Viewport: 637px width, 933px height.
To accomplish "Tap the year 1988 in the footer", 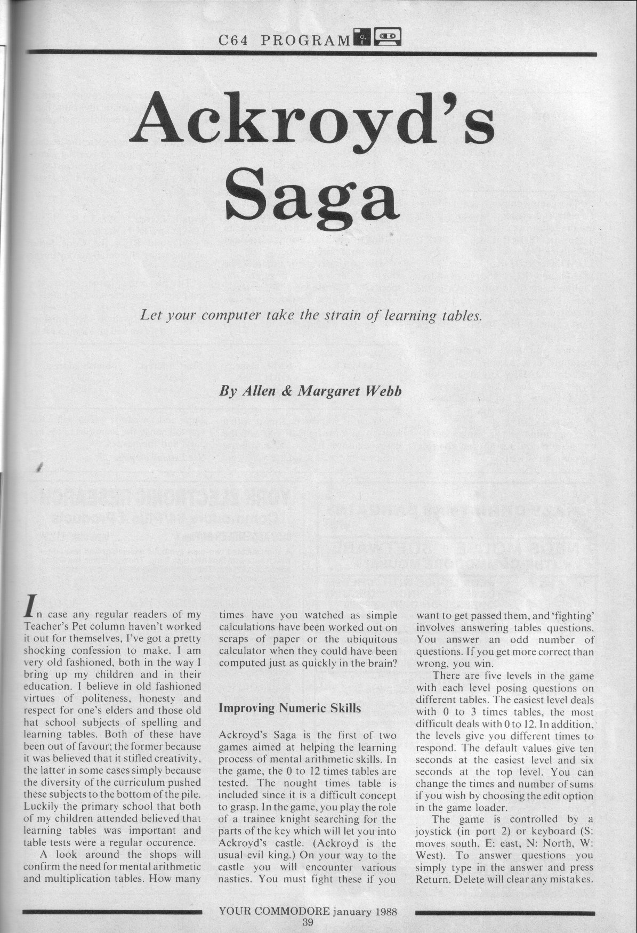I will click(383, 911).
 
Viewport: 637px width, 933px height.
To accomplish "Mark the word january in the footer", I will click(352, 911).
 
